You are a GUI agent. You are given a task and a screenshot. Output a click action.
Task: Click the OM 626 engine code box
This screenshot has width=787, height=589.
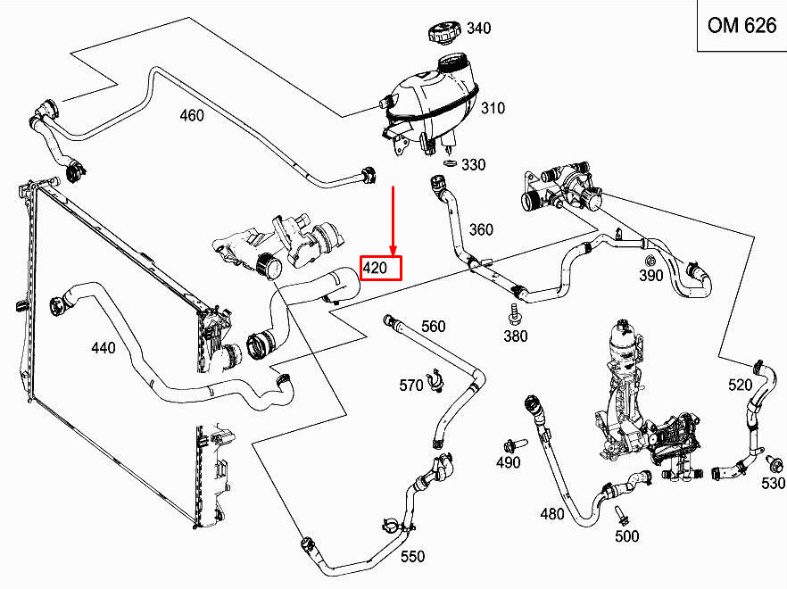(x=741, y=25)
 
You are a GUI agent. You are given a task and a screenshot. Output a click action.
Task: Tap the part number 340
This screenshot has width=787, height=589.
(x=478, y=29)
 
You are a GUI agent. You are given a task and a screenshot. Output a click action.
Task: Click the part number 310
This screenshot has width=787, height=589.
(x=493, y=109)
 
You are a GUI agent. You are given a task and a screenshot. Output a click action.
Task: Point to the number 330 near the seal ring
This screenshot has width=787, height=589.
(x=473, y=165)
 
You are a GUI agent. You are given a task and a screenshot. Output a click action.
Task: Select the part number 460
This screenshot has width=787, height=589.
(x=192, y=115)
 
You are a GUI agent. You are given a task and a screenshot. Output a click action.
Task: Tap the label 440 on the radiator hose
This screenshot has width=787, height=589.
(x=104, y=348)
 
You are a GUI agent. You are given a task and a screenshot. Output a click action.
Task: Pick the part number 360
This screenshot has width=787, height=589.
(x=481, y=230)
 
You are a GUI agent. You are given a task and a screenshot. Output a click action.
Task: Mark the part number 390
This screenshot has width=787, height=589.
(x=651, y=276)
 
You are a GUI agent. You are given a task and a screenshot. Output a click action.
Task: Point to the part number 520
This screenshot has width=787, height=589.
(x=741, y=385)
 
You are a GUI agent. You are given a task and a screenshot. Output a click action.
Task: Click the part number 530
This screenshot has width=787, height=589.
(x=773, y=483)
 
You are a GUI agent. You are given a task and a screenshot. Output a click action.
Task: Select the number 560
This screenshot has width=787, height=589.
(x=433, y=327)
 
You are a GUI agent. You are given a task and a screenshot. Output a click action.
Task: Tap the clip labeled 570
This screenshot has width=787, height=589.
(x=435, y=383)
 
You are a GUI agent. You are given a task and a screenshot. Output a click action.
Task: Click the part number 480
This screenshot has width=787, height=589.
(x=552, y=514)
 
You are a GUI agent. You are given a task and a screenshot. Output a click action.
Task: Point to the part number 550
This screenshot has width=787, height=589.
(x=412, y=557)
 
